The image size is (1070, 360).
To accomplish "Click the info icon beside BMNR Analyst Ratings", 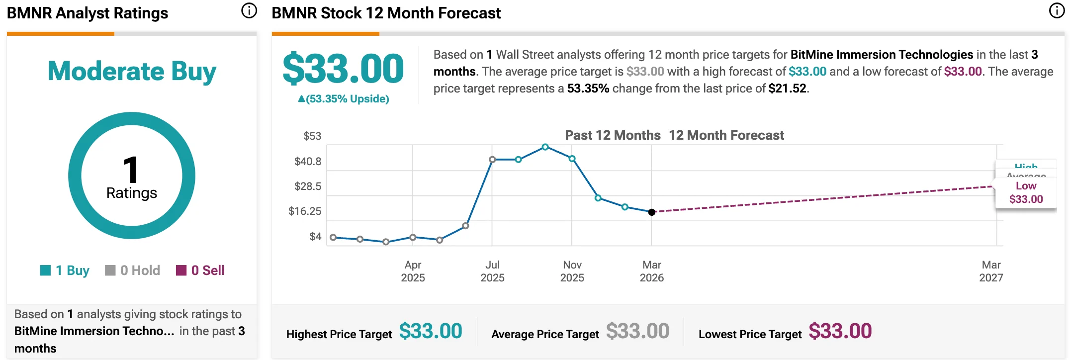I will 249,10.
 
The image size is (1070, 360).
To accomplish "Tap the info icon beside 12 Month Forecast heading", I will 1057,10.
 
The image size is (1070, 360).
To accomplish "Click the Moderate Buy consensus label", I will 132,71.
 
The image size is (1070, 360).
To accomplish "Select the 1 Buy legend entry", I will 65,270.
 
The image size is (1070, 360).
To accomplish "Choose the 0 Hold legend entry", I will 133,270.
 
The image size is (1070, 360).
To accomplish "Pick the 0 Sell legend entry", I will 201,270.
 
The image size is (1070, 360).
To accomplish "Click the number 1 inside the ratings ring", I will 131,170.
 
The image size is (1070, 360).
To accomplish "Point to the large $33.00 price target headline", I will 343,69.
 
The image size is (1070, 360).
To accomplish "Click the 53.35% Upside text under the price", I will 344,99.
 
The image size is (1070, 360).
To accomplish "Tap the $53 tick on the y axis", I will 312,136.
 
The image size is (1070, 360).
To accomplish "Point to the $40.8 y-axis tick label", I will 308,162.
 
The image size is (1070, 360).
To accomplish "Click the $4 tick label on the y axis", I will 315,237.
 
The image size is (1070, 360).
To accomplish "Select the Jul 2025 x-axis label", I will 492,271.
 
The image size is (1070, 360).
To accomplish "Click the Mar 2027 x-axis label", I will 991,271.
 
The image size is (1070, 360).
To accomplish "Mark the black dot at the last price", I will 652,212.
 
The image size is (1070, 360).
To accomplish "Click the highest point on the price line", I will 545,147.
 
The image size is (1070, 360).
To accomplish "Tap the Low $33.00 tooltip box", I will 1026,193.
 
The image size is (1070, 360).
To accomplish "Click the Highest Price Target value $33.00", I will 431,332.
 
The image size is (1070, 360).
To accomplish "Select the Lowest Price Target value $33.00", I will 840,332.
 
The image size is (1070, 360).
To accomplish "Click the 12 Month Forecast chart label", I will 726,135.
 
